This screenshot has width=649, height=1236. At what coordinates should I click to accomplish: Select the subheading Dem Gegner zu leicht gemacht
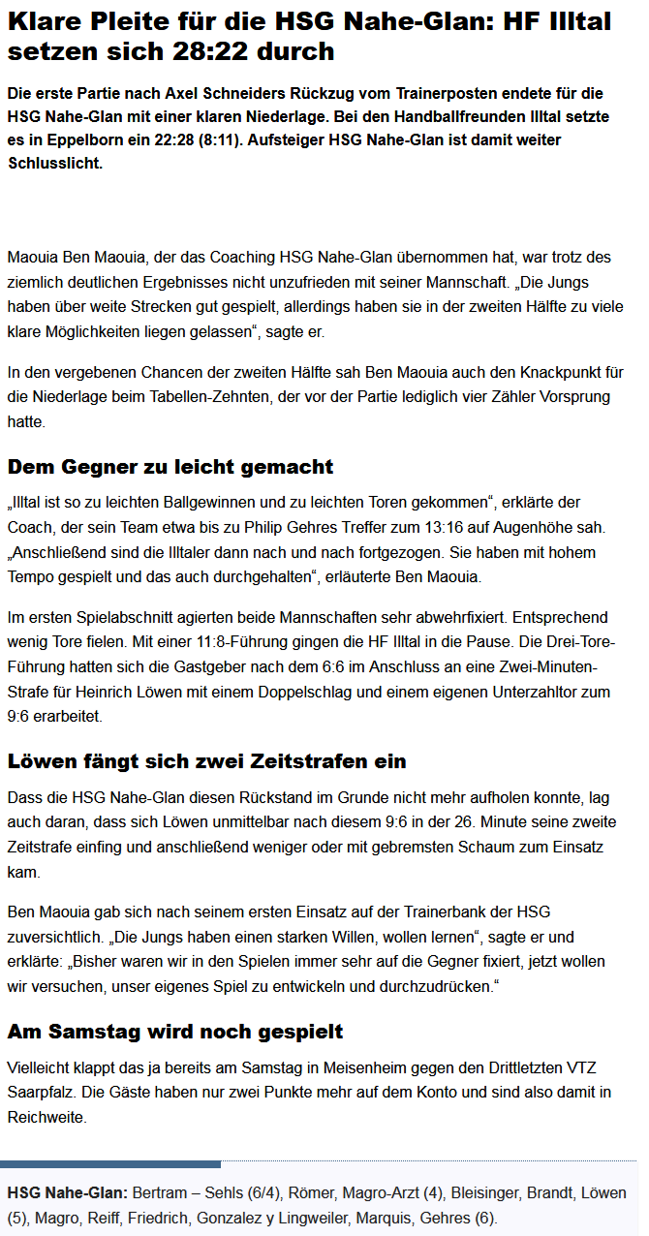170,467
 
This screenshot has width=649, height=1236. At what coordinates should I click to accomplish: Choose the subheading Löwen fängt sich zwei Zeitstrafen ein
206,761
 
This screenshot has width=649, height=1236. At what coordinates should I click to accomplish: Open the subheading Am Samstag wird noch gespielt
175,1031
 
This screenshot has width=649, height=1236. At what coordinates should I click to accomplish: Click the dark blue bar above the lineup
110,1164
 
